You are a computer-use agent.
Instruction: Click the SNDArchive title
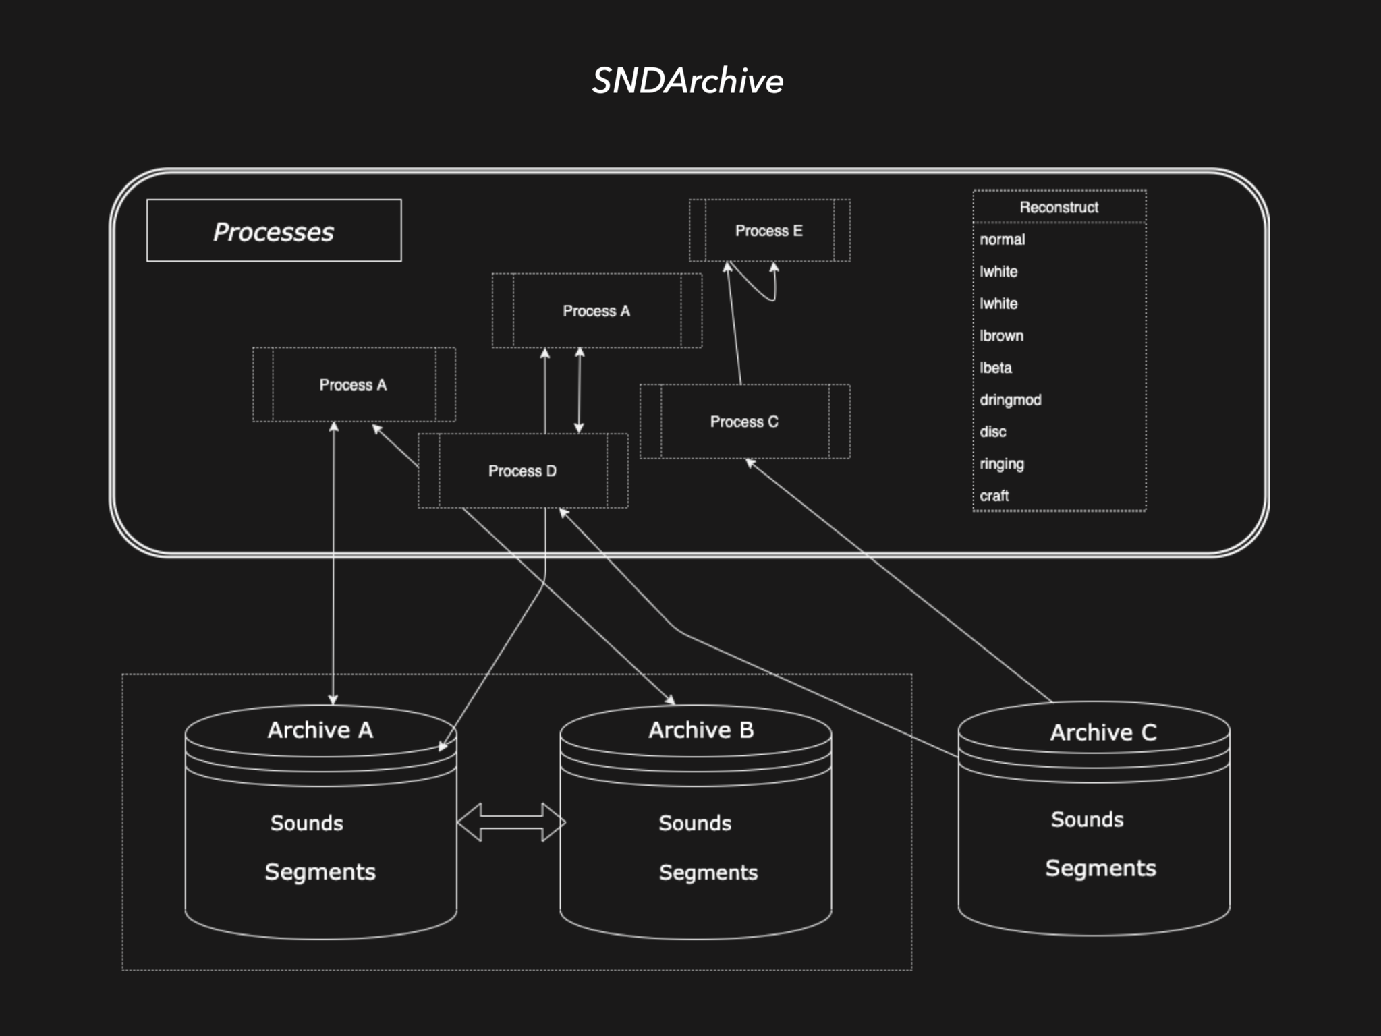coord(687,81)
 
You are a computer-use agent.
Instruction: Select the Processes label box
coord(274,231)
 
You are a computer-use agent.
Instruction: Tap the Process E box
coord(769,231)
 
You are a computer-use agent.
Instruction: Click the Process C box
coord(744,422)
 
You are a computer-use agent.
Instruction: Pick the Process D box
coord(522,471)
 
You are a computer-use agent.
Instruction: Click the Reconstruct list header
coord(1059,207)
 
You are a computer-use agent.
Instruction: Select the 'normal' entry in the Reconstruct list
coord(1003,239)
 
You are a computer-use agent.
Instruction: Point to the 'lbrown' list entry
coord(1002,336)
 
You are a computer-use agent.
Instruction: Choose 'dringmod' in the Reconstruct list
coord(1011,400)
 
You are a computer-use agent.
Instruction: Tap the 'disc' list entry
coord(993,432)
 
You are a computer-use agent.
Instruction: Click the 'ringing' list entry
coord(1002,464)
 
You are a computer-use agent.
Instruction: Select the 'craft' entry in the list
coord(994,496)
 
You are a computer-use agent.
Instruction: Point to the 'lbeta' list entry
coord(996,368)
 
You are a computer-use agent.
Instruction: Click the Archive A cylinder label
coord(320,730)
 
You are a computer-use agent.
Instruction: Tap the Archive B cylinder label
coord(701,730)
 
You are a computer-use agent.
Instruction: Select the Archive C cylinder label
coord(1103,732)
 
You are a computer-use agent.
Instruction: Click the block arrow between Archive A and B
coord(511,822)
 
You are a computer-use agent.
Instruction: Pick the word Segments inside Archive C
coord(1100,868)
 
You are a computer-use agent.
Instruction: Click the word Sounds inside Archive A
coord(307,823)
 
